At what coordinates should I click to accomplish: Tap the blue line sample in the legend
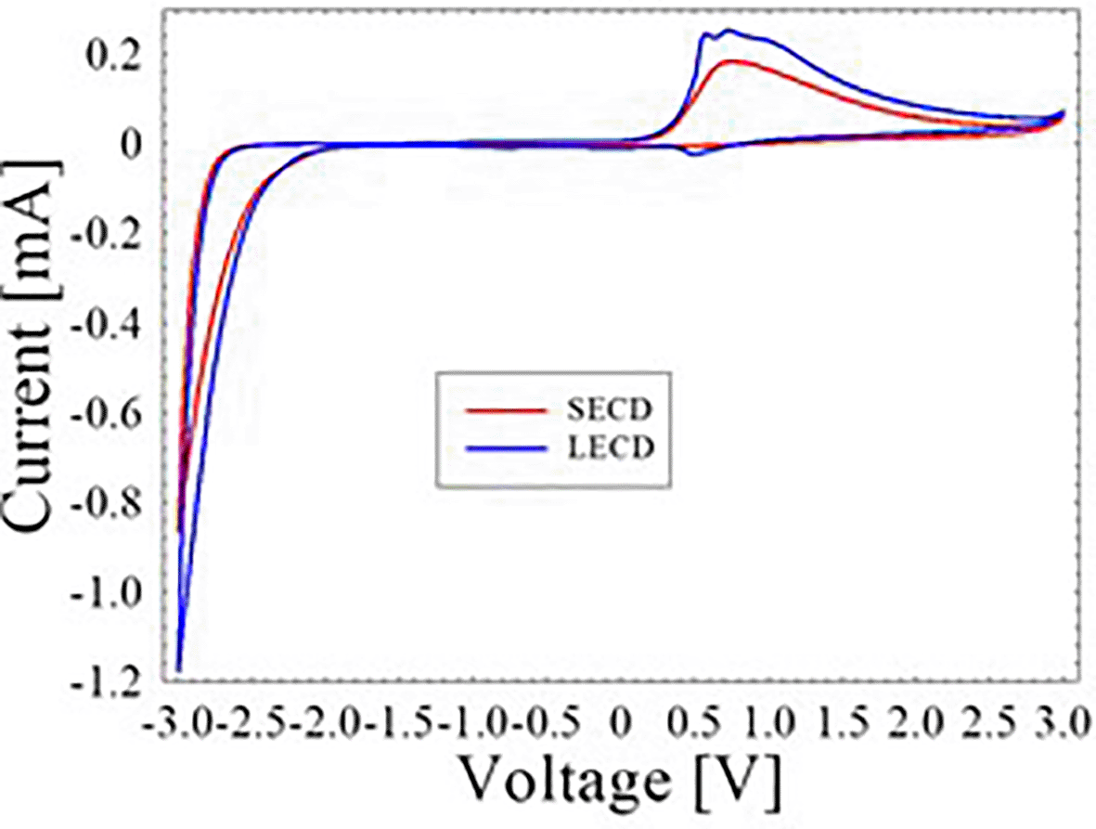(x=501, y=447)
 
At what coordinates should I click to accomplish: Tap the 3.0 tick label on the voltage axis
(x=1060, y=720)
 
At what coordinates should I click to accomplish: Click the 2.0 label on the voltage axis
(x=914, y=720)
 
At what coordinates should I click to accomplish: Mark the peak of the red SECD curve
(x=733, y=61)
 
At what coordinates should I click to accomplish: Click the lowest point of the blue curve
(x=178, y=669)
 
